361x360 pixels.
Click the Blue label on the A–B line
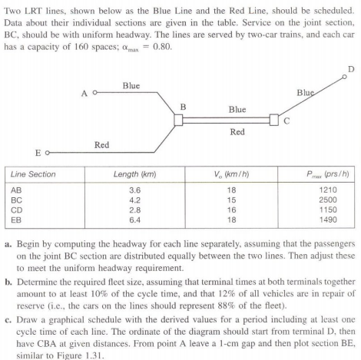tap(131, 85)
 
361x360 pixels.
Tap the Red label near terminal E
tap(101, 144)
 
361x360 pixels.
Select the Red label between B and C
tap(237, 132)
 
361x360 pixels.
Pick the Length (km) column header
tap(134, 173)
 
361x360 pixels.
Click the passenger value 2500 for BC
tap(326, 200)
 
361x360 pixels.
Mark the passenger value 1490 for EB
tap(326, 221)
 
